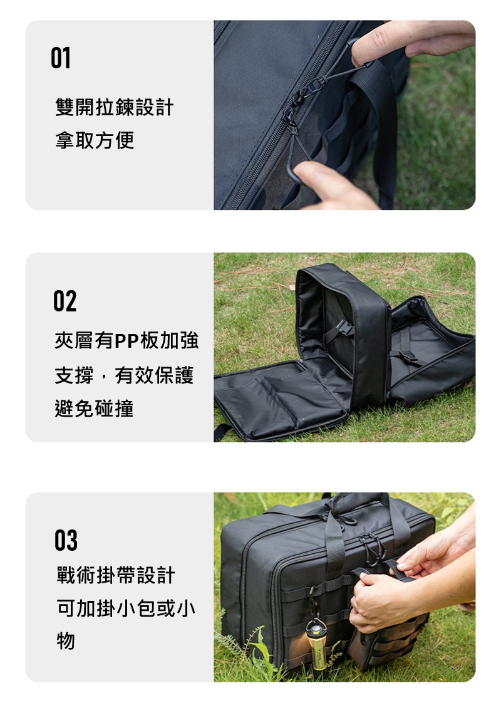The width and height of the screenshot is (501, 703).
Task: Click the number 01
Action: click(x=61, y=58)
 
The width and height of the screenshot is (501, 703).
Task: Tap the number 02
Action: click(x=65, y=301)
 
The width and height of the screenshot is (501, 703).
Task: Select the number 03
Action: click(x=66, y=540)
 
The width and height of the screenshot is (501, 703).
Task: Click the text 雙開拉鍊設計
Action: click(x=114, y=107)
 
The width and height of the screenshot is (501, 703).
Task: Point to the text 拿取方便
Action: click(x=95, y=140)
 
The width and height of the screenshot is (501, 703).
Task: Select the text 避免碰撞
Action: click(x=94, y=409)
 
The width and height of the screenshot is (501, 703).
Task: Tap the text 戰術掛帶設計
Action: click(x=116, y=575)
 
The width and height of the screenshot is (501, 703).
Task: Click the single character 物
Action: click(x=65, y=641)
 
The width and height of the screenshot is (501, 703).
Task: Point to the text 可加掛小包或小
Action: click(x=126, y=608)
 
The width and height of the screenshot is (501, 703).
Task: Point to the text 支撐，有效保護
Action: click(x=124, y=375)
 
